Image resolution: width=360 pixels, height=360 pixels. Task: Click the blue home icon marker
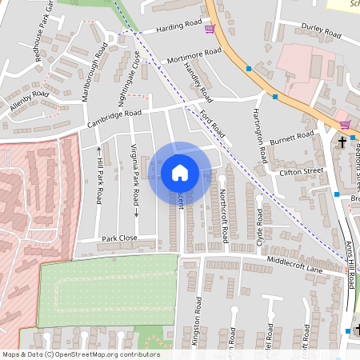pyautogui.click(x=180, y=173)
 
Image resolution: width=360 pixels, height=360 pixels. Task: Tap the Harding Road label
pyautogui.click(x=178, y=26)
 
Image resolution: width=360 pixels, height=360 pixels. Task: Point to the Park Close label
pyautogui.click(x=119, y=238)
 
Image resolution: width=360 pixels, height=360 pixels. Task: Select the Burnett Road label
pyautogui.click(x=292, y=138)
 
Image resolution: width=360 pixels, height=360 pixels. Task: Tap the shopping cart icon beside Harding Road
pyautogui.click(x=210, y=29)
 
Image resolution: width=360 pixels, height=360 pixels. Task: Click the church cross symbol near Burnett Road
pyautogui.click(x=342, y=142)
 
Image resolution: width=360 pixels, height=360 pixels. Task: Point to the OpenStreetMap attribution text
pyautogui.click(x=80, y=354)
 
